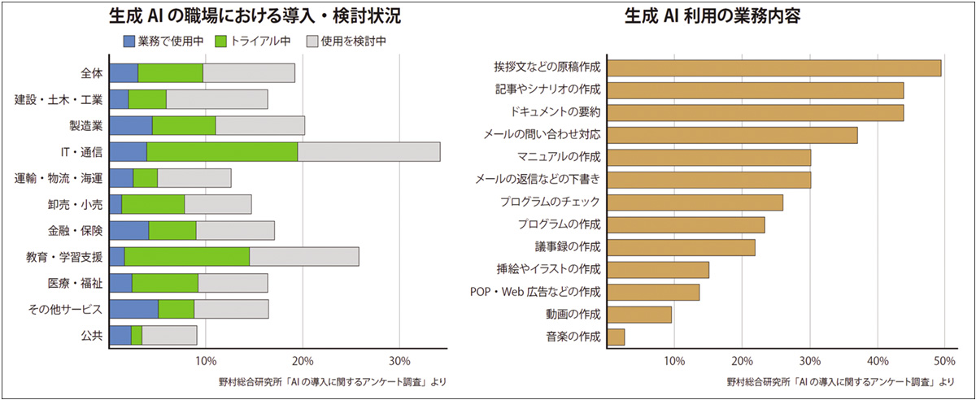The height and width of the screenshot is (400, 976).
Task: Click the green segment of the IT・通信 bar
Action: point(222,152)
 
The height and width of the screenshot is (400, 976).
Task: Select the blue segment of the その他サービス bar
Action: point(134,309)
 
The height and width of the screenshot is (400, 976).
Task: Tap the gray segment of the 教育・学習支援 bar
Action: point(304,257)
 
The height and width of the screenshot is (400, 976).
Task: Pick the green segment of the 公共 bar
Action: point(137,335)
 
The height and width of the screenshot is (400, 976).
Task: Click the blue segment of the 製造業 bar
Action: point(131,126)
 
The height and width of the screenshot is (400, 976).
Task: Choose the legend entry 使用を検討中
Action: point(346,39)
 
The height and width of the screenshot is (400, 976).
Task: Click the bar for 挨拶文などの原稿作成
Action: point(774,67)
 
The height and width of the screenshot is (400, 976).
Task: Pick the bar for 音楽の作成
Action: point(617,337)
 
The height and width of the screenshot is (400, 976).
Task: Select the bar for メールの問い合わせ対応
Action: point(733,135)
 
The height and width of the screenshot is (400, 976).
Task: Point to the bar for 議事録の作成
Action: point(682,247)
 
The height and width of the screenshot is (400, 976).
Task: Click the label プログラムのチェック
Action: point(549,202)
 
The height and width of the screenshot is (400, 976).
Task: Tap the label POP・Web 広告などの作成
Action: point(535,292)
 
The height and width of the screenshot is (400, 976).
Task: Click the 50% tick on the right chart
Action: point(943,360)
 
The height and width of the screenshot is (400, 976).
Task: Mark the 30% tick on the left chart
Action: point(399,360)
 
